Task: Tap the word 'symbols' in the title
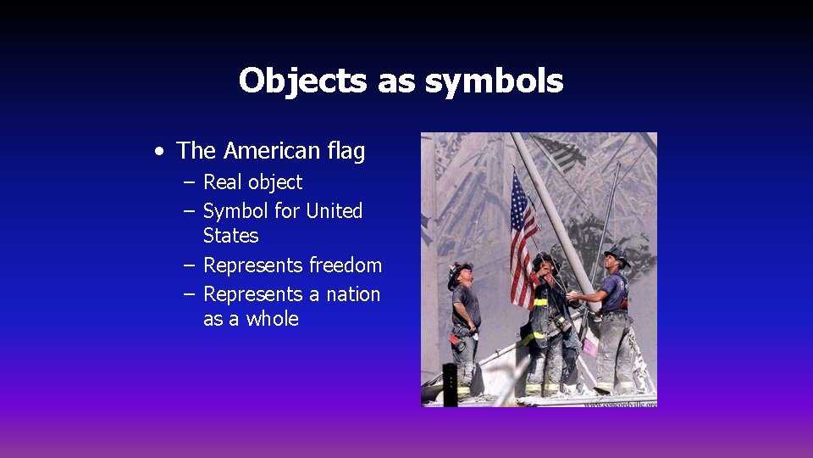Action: [x=494, y=81]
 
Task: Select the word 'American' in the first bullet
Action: [x=270, y=151]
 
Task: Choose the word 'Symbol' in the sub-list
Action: [x=235, y=211]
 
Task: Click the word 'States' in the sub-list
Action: [x=231, y=235]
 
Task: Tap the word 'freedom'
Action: [x=346, y=265]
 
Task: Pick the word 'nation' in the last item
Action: [x=352, y=294]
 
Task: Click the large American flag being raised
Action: [x=523, y=242]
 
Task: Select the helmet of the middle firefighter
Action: [x=545, y=259]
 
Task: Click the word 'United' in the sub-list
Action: [x=334, y=211]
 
